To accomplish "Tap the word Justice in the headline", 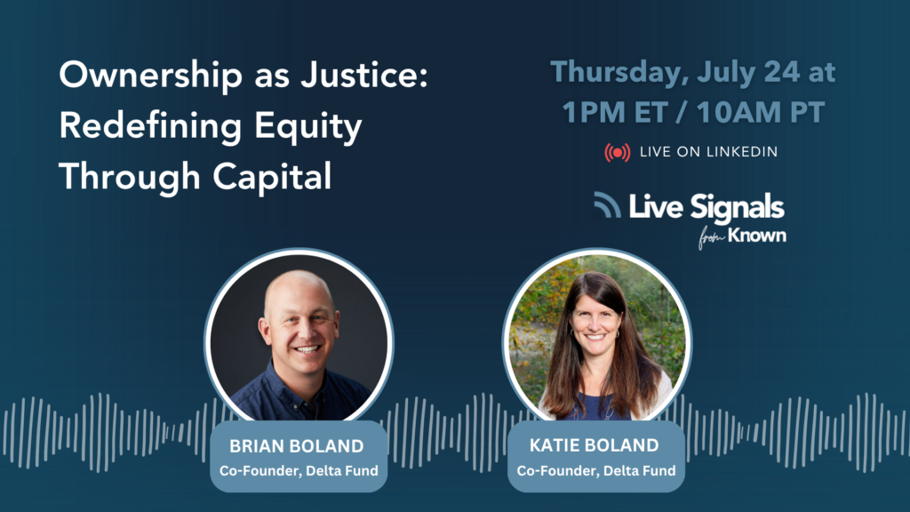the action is pyautogui.click(x=363, y=76).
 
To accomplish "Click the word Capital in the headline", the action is pyautogui.click(x=272, y=177).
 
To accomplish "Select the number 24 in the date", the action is pyautogui.click(x=782, y=72).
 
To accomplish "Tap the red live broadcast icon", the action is pyautogui.click(x=617, y=152).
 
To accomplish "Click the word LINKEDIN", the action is pyautogui.click(x=742, y=152).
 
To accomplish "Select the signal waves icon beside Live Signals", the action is pyautogui.click(x=607, y=205).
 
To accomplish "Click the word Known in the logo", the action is pyautogui.click(x=757, y=235).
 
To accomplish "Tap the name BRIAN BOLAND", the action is pyautogui.click(x=297, y=446).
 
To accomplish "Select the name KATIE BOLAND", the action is pyautogui.click(x=595, y=445).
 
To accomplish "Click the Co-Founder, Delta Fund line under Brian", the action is pyautogui.click(x=299, y=470).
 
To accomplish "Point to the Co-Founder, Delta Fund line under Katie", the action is pyautogui.click(x=596, y=470).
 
